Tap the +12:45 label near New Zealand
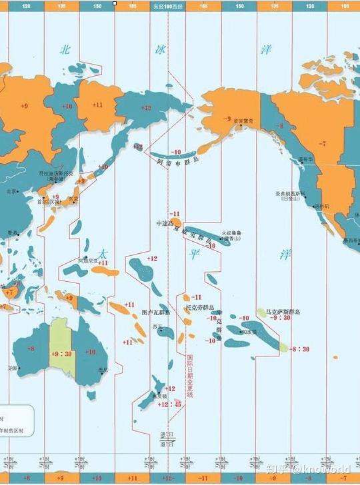169,404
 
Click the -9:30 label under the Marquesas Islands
281,318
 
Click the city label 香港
13,233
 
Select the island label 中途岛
163,223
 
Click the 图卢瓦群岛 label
156,312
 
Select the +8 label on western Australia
31,348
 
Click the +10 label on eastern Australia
90,352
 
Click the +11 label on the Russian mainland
98,105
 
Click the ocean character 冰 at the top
160,49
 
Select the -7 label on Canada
323,144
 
